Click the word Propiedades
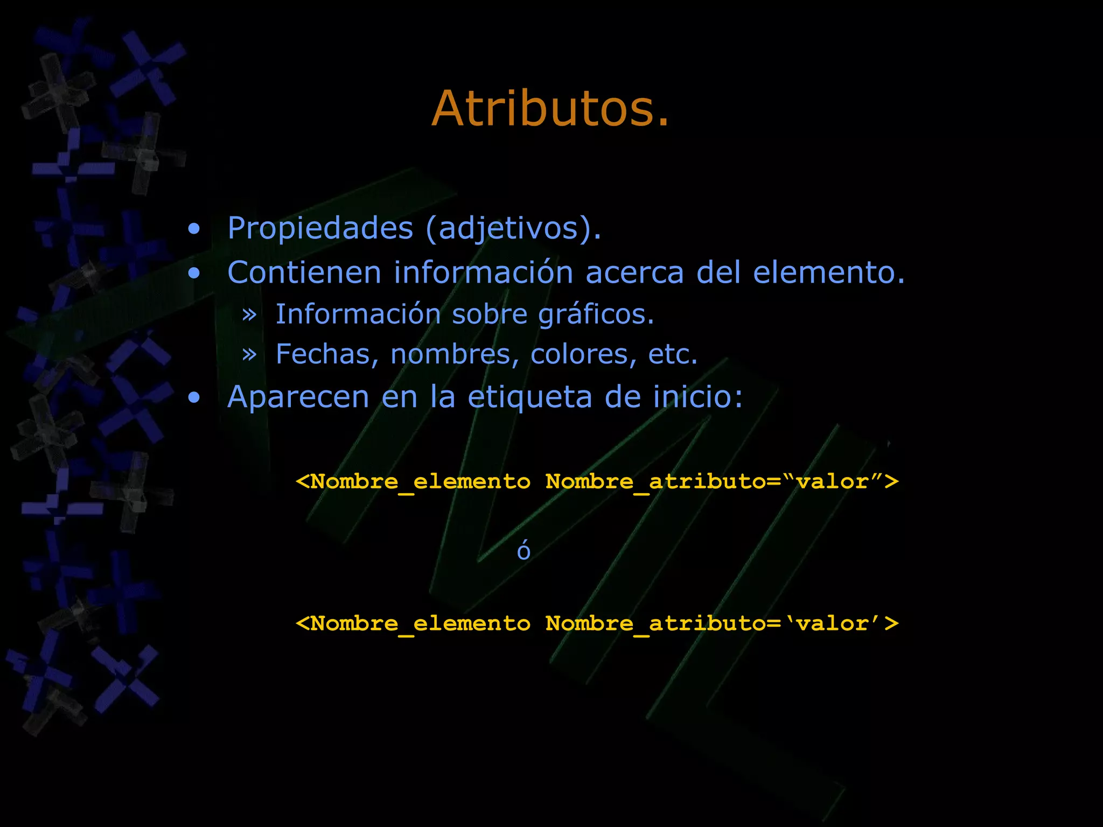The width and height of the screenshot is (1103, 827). point(320,228)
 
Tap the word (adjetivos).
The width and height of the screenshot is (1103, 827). point(513,228)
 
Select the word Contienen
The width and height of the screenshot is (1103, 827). point(304,272)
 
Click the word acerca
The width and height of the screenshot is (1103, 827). point(634,272)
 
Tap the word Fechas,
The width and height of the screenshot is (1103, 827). point(327,354)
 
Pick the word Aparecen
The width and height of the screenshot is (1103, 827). point(298,397)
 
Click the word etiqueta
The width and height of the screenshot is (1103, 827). point(530,397)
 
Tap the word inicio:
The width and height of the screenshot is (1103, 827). point(697,397)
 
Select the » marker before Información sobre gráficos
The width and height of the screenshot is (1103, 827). point(249,315)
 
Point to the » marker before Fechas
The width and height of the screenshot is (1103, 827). point(249,355)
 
